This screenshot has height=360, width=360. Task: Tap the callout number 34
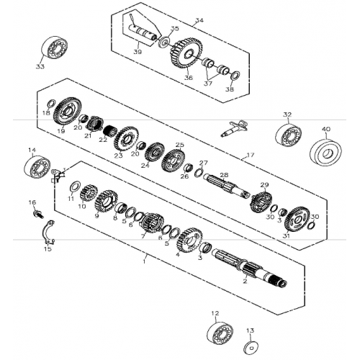pos(199,21)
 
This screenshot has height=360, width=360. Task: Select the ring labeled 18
pos(51,103)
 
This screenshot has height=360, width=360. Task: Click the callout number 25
pos(179,145)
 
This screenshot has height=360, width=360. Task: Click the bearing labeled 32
pos(289,135)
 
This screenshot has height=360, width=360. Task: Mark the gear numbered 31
pos(296,220)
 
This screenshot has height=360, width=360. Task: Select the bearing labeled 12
pos(220,333)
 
